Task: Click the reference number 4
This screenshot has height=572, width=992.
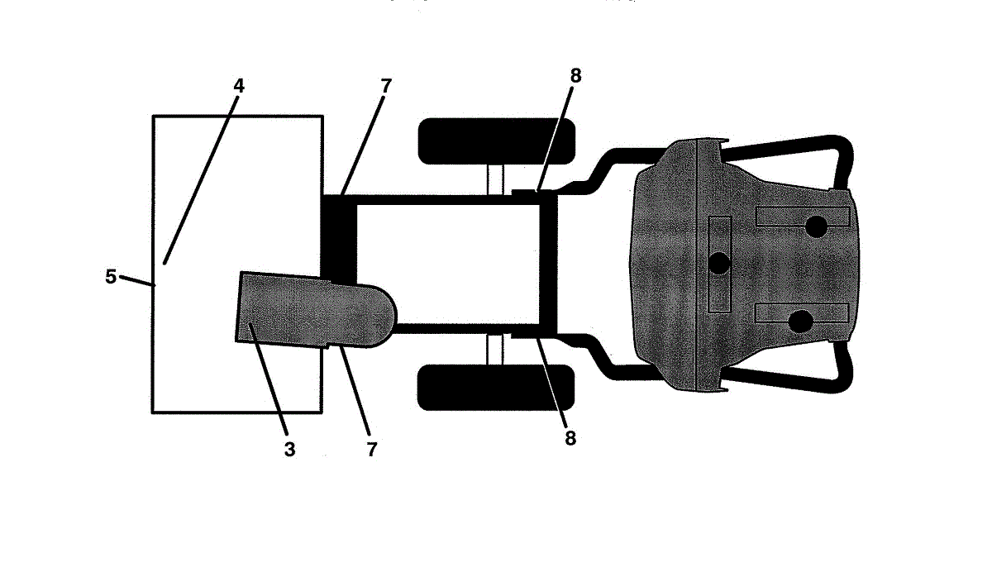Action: (239, 84)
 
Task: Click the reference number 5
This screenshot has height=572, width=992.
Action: (111, 276)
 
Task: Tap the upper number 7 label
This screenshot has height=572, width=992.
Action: (386, 85)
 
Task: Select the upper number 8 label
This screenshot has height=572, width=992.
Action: (575, 75)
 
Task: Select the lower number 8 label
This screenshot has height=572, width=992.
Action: (570, 438)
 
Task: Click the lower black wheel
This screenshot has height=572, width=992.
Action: (496, 388)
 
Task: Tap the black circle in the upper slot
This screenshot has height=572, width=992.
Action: (816, 226)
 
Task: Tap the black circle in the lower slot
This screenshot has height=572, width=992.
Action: (799, 322)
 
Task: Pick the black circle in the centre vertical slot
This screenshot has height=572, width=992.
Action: (719, 264)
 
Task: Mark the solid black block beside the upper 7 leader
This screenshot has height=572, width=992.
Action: (337, 236)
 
